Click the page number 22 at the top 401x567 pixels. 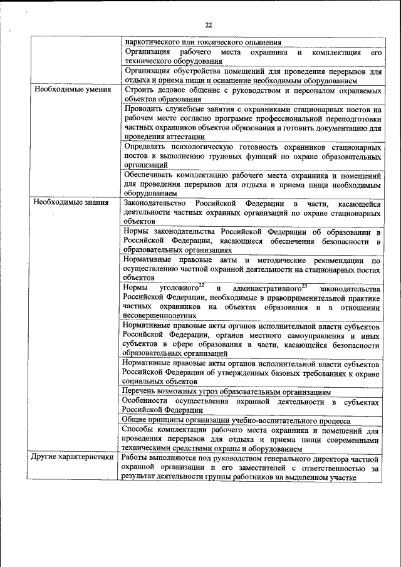(x=209, y=24)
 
